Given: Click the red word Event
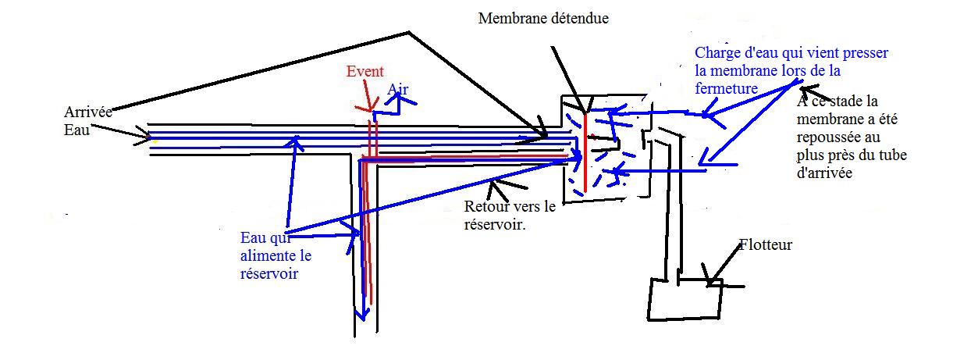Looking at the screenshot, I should click(x=365, y=72).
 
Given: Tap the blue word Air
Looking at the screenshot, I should click(x=398, y=90).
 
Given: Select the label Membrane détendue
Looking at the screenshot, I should click(x=543, y=18).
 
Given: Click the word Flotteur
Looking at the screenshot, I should click(x=766, y=245).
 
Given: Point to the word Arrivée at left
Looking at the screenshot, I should click(x=88, y=112).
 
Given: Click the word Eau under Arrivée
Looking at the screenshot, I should click(x=77, y=130).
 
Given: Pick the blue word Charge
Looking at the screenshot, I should click(x=717, y=54).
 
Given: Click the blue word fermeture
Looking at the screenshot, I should click(x=725, y=88).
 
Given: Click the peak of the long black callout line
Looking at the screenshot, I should click(x=408, y=33).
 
